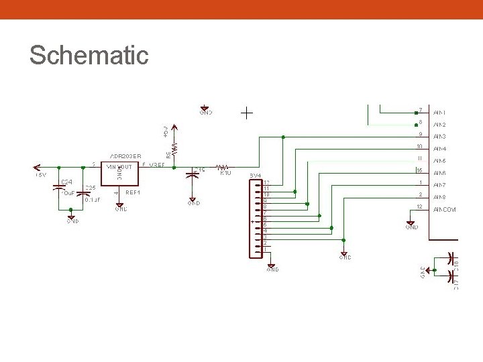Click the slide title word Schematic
point(89,55)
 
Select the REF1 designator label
point(133,192)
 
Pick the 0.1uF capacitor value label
point(93,200)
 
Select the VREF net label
point(157,165)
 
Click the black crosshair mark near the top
point(247,113)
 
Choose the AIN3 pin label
point(440,137)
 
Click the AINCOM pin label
point(445,210)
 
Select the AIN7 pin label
point(440,185)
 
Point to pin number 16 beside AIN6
point(419,172)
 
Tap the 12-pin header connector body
point(256,219)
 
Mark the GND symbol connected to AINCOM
point(411,224)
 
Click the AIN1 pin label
point(440,113)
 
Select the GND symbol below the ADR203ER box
point(121,206)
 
